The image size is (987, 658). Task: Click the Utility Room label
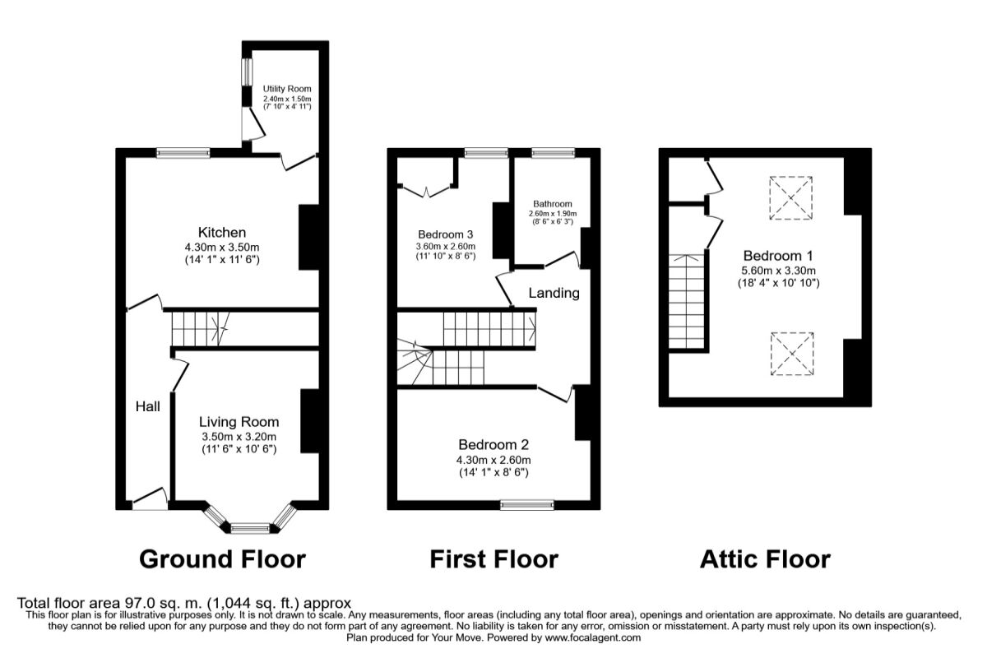pyautogui.click(x=287, y=89)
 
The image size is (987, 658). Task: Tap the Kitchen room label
pyautogui.click(x=221, y=233)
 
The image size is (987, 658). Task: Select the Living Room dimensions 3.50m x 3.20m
pyautogui.click(x=239, y=437)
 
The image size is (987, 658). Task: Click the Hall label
pyautogui.click(x=148, y=405)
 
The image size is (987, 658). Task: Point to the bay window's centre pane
pyautogui.click(x=250, y=528)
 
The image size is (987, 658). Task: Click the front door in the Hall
pyautogui.click(x=151, y=498)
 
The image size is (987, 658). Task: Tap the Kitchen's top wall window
pyautogui.click(x=183, y=152)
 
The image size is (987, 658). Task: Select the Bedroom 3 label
pyautogui.click(x=445, y=233)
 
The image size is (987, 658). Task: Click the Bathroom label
pyautogui.click(x=552, y=204)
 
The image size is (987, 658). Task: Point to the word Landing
pyautogui.click(x=554, y=293)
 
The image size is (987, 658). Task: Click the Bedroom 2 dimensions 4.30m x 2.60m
pyautogui.click(x=493, y=460)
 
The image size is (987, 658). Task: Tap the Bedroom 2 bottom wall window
pyautogui.click(x=527, y=505)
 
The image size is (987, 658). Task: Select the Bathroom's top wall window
pyautogui.click(x=552, y=152)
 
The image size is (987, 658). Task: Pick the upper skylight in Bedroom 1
pyautogui.click(x=791, y=197)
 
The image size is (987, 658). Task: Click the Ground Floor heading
pyautogui.click(x=222, y=559)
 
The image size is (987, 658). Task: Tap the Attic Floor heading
pyautogui.click(x=765, y=559)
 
